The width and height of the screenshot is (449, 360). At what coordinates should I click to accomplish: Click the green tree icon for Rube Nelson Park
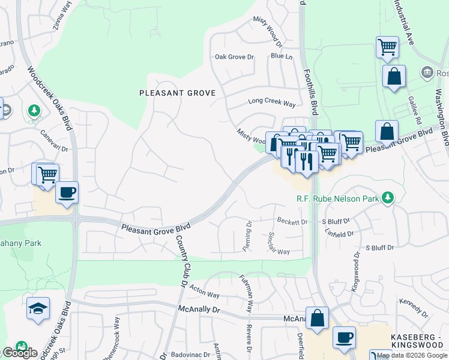[388, 197]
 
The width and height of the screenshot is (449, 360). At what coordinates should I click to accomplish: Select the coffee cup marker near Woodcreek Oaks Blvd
[67, 193]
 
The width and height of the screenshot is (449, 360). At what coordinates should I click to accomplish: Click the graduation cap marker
[38, 308]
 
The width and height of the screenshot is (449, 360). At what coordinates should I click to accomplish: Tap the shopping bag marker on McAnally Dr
[317, 318]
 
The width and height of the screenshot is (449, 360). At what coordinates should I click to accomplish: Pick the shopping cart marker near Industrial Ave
[388, 47]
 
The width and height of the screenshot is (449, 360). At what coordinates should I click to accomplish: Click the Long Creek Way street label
[272, 103]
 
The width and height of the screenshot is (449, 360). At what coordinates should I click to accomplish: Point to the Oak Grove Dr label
[235, 58]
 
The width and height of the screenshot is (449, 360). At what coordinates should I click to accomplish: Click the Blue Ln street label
[282, 56]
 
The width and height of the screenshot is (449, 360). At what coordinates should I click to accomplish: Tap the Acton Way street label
[205, 295]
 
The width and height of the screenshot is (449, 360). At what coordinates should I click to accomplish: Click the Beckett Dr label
[292, 222]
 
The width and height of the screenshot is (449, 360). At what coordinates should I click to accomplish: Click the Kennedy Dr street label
[413, 306]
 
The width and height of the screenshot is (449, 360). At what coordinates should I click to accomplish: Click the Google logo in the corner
[19, 353]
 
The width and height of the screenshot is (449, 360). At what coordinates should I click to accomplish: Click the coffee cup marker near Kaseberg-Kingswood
[344, 337]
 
